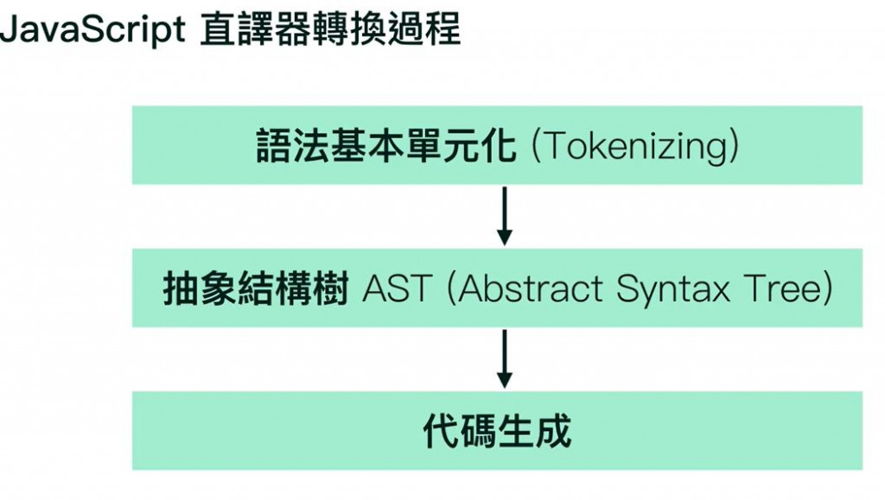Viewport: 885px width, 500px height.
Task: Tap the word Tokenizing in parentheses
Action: (634, 147)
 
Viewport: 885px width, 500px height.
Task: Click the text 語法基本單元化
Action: (386, 146)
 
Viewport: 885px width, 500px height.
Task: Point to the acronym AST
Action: (396, 289)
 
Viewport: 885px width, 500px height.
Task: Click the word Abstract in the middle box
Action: (531, 289)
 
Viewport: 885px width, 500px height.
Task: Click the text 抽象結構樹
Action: (256, 289)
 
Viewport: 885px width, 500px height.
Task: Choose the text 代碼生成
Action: (497, 431)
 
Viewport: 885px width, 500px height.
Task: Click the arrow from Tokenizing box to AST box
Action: (506, 216)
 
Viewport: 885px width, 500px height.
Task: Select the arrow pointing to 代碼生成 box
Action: (506, 358)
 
